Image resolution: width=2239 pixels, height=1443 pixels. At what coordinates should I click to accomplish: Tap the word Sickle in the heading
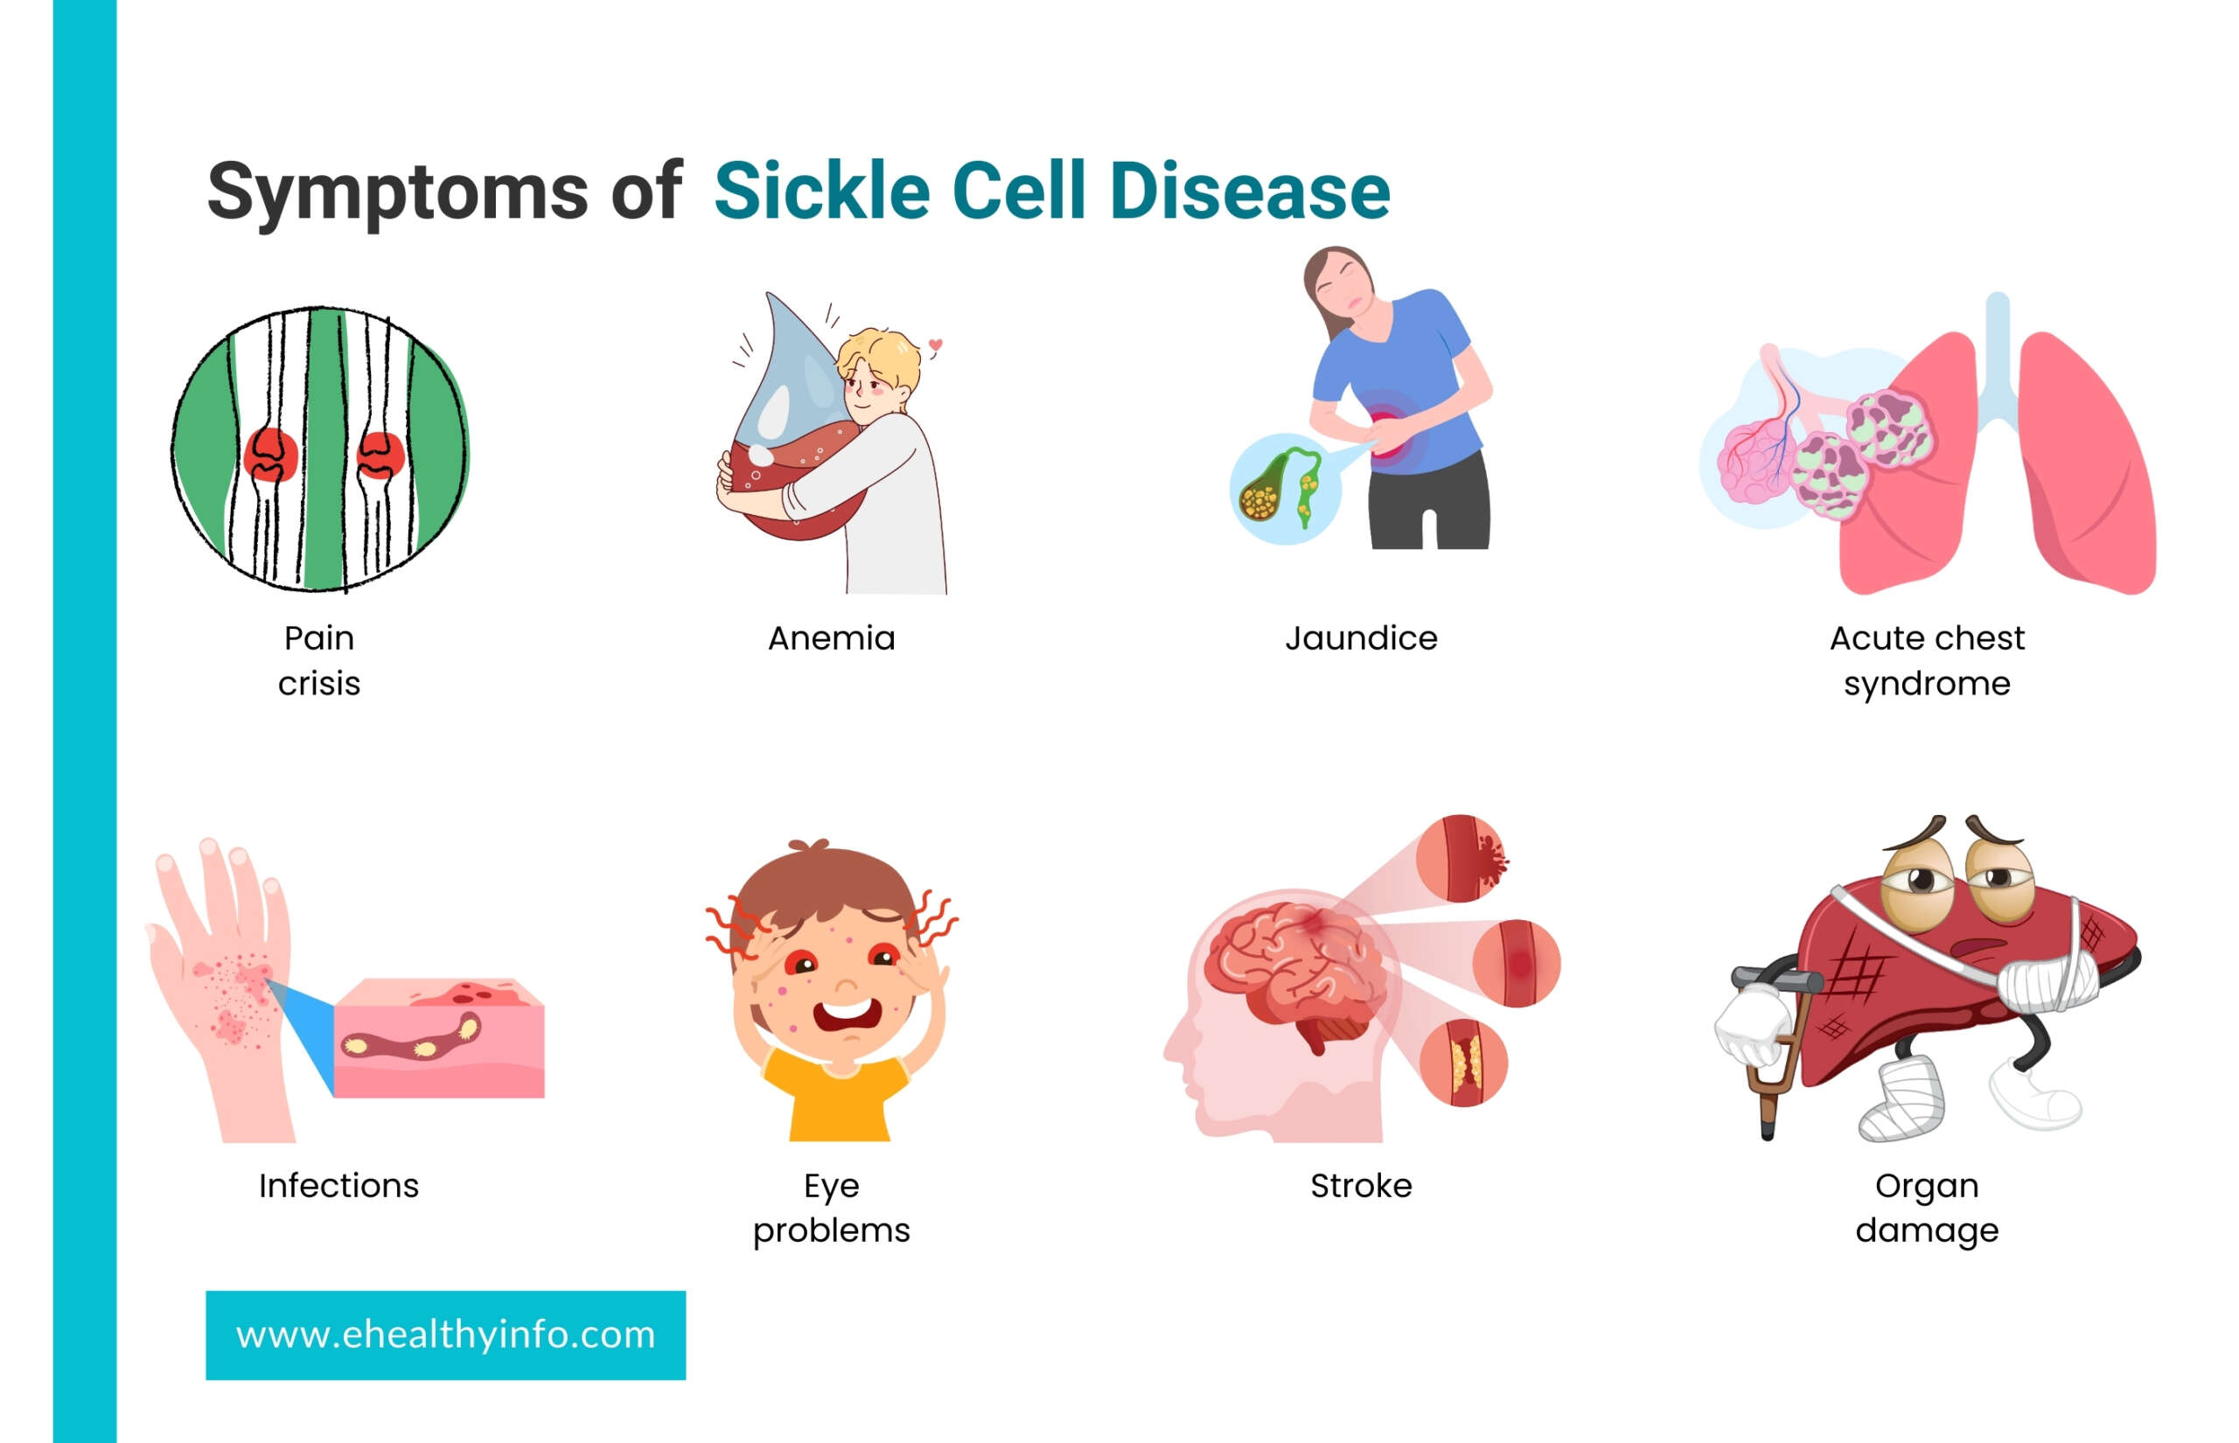tap(821, 191)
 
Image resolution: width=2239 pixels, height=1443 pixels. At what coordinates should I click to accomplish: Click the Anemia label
tap(831, 638)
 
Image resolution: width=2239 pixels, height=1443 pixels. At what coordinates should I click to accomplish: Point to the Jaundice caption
tap(1360, 638)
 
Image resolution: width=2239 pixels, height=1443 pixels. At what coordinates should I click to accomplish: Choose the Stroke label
tap(1360, 1185)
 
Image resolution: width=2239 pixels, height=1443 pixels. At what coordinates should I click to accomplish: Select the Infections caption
tap(338, 1185)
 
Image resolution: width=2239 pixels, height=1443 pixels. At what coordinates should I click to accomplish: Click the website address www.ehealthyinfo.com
tap(445, 1335)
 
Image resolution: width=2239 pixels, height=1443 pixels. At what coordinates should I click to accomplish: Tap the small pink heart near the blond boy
tap(934, 344)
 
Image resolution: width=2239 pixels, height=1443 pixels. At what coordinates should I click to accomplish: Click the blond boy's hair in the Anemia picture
tap(879, 356)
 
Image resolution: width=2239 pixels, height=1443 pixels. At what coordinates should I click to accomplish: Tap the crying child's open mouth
tap(846, 1015)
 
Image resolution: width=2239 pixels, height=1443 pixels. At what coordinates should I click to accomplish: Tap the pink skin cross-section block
tap(438, 1038)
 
